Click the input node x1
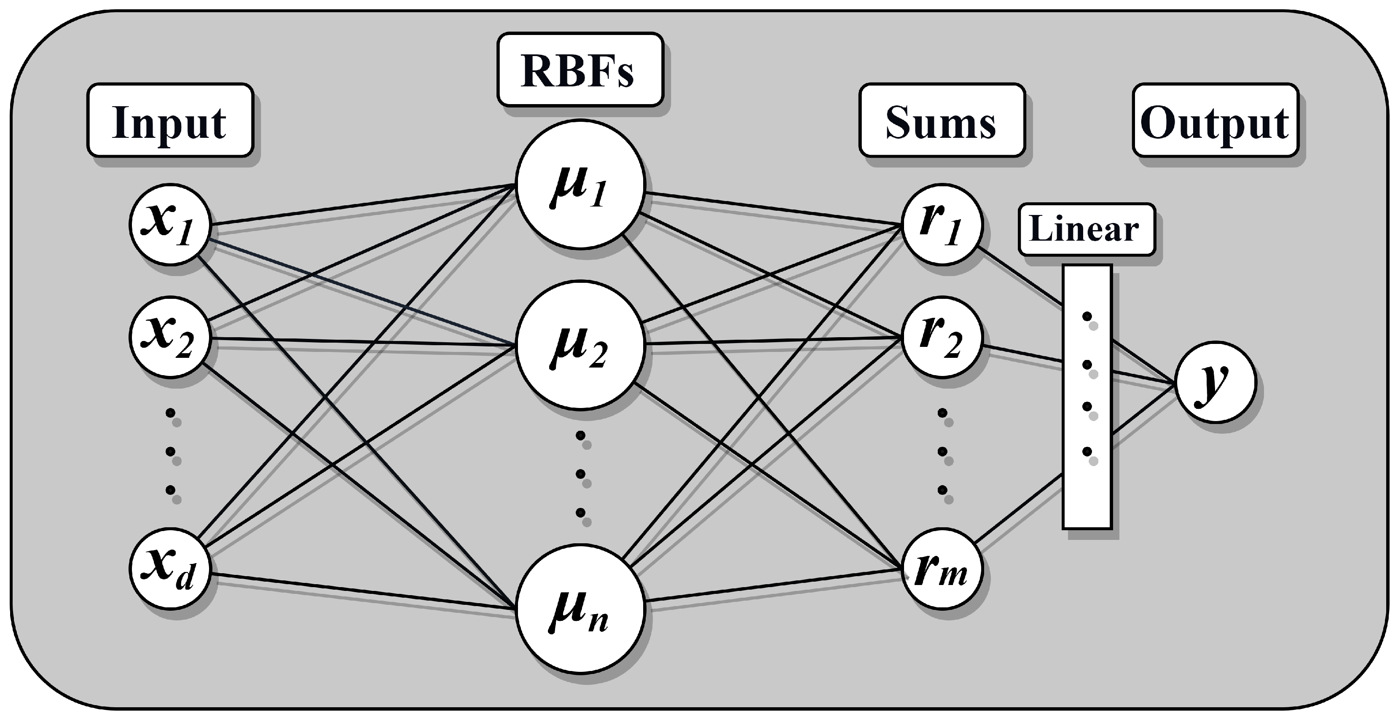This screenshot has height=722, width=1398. [x=170, y=224]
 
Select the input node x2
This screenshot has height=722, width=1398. [x=170, y=337]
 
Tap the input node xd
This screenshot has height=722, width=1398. [x=170, y=569]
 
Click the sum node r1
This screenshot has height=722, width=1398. [x=942, y=224]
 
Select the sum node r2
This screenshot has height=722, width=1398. [x=942, y=337]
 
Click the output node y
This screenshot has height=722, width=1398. [x=1216, y=381]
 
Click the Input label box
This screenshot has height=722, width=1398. [x=170, y=121]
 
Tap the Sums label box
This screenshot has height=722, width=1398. [x=942, y=121]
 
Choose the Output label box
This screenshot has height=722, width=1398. [x=1215, y=121]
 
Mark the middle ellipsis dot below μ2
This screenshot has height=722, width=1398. [x=581, y=474]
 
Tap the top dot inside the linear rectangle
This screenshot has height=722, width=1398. [x=1087, y=317]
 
